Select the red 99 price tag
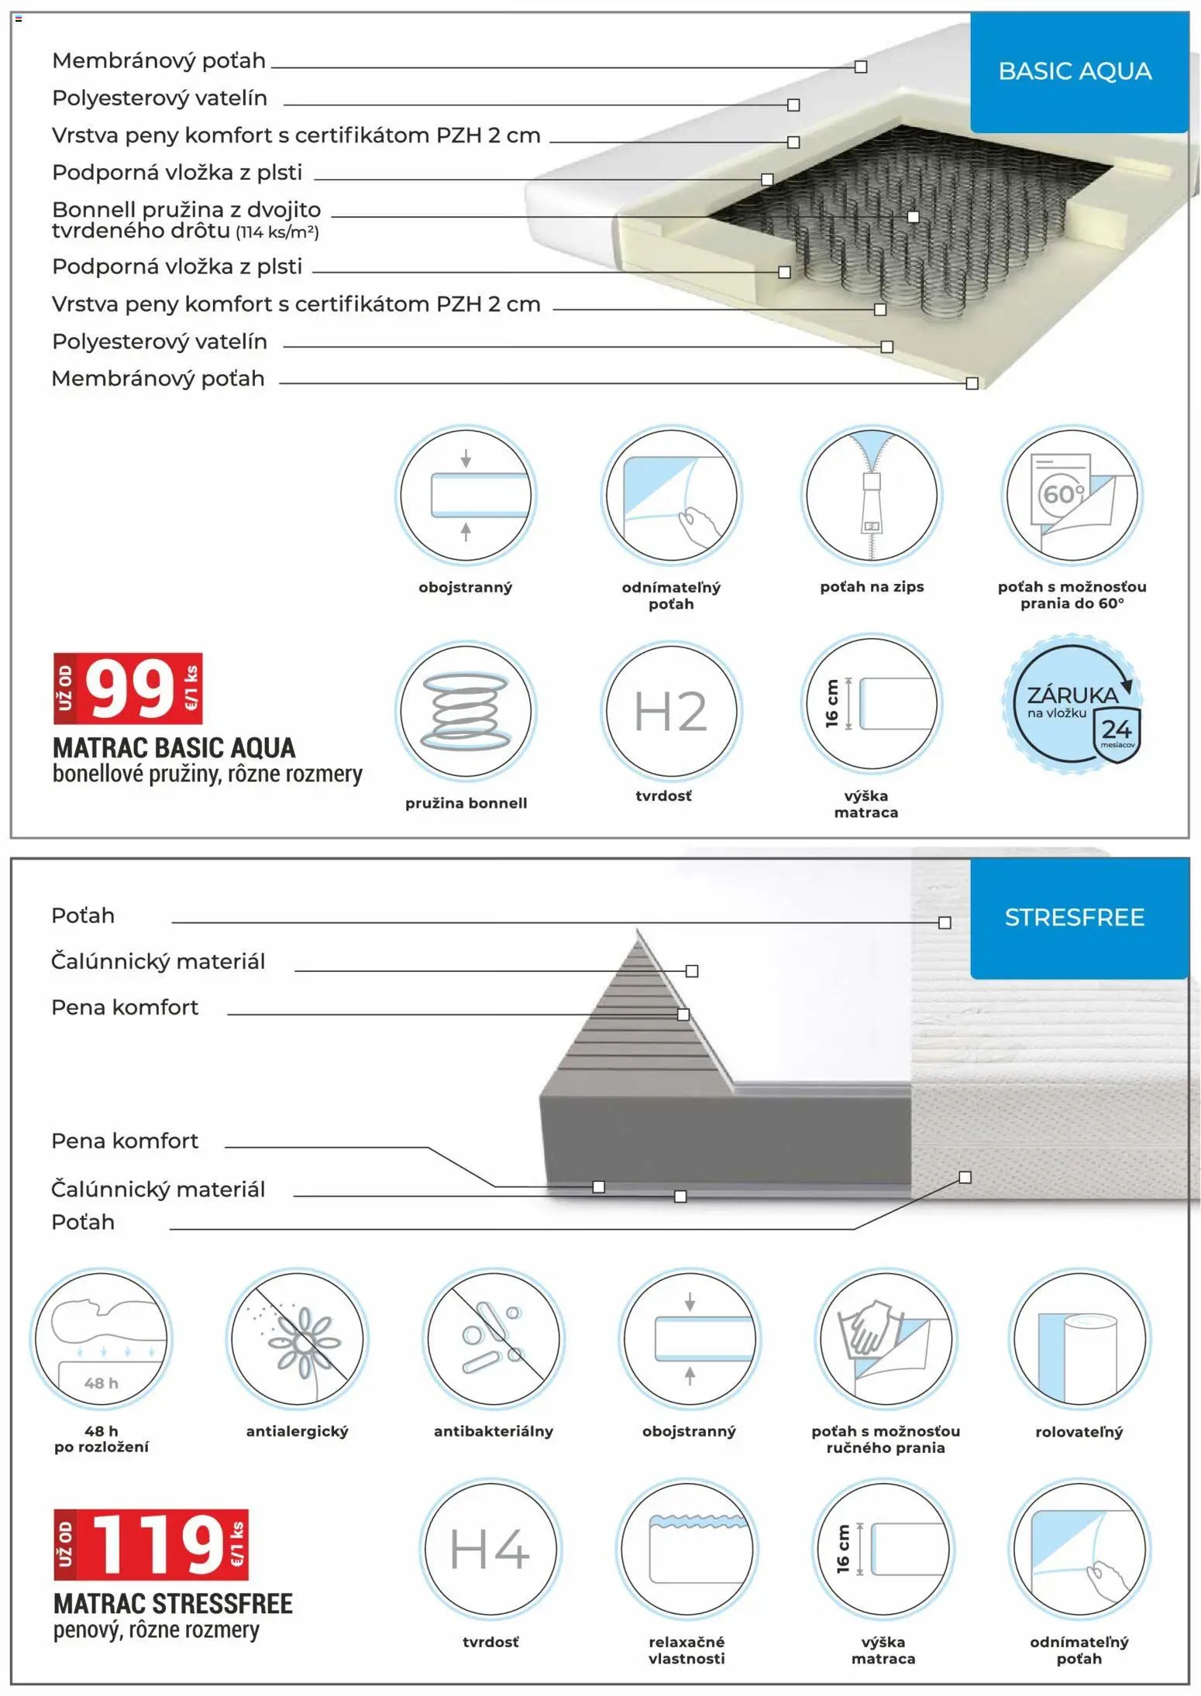pos(129,688)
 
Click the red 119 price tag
pos(152,1544)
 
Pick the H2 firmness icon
pos(671,711)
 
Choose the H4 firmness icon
pos(490,1549)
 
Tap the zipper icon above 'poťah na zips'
pos(872,494)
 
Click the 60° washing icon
pos(1072,494)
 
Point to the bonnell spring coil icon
pos(466,711)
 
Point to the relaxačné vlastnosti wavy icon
pos(687,1549)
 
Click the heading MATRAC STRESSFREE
pos(173,1603)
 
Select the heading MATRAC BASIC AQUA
pos(174,748)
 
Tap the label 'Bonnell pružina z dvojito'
pos(186,210)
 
